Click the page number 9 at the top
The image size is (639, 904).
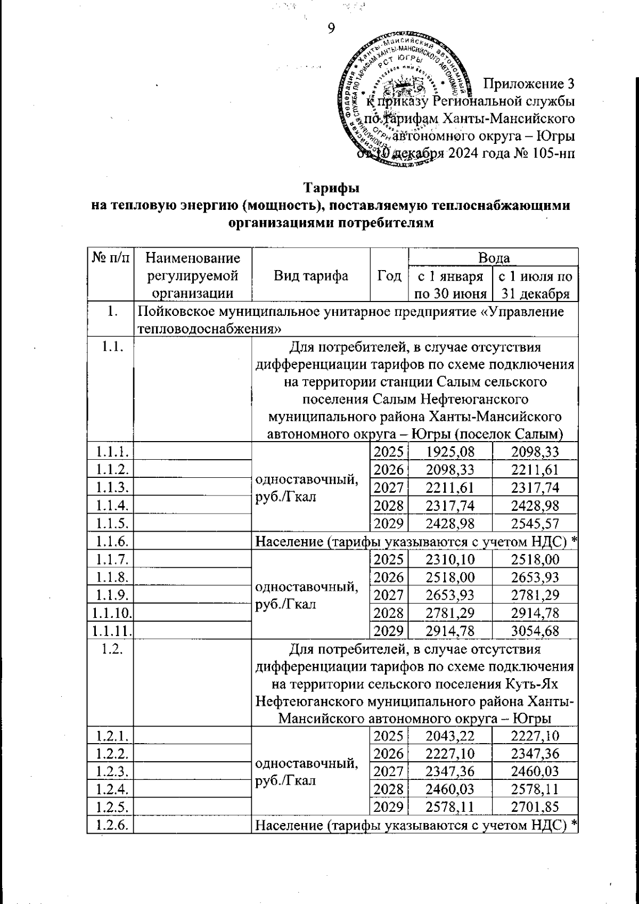331,28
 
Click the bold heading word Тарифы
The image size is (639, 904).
331,189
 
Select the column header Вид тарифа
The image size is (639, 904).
311,275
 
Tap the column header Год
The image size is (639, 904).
389,275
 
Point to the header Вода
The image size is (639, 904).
493,258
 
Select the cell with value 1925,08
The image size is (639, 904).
450,452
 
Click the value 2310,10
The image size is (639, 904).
450,559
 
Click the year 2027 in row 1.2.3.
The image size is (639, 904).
389,771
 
